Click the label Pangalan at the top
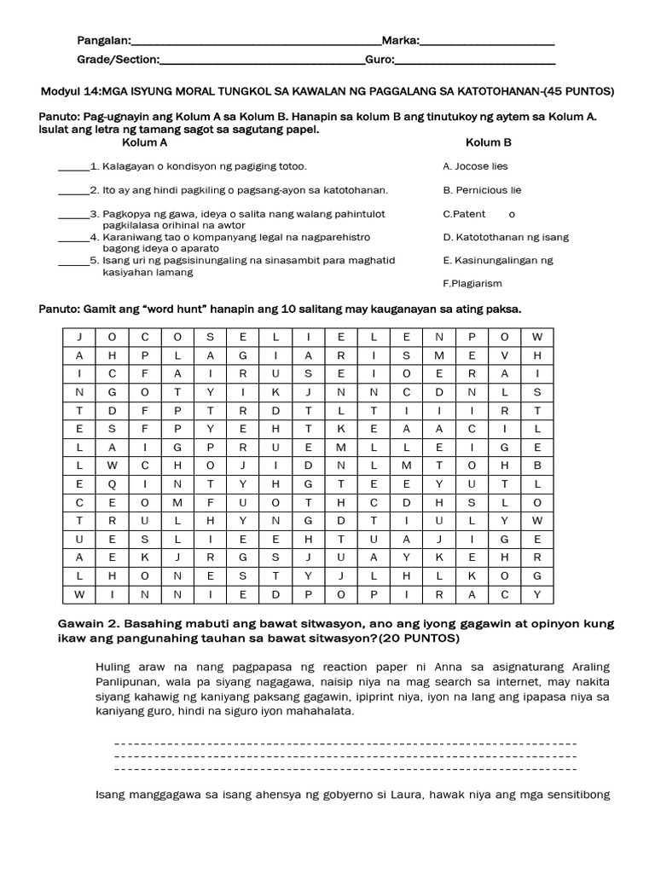[103, 40]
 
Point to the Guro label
[379, 60]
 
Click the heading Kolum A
[145, 142]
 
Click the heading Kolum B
[489, 142]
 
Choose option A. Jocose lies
[475, 166]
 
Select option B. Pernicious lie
[482, 190]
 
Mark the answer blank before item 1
[72, 167]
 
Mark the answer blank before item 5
[72, 261]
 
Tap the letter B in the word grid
[536, 465]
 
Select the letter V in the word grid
[504, 355]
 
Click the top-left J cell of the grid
[79, 337]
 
